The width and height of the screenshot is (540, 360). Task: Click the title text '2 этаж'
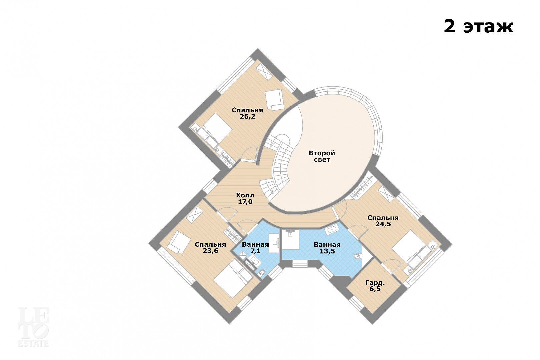[479, 27]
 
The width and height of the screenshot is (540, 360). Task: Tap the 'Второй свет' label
[322, 156]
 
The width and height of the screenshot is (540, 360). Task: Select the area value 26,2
[247, 117]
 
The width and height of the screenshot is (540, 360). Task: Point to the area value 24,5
[383, 224]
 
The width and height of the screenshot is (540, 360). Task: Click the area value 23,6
[210, 251]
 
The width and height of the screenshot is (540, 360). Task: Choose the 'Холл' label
[245, 195]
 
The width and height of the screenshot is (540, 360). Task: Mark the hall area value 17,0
[245, 202]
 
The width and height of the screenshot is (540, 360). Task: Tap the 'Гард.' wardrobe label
[375, 283]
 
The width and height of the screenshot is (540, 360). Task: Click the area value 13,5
[327, 251]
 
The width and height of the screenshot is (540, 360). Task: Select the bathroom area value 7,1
[255, 251]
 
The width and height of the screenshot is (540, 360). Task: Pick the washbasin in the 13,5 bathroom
[333, 230]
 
